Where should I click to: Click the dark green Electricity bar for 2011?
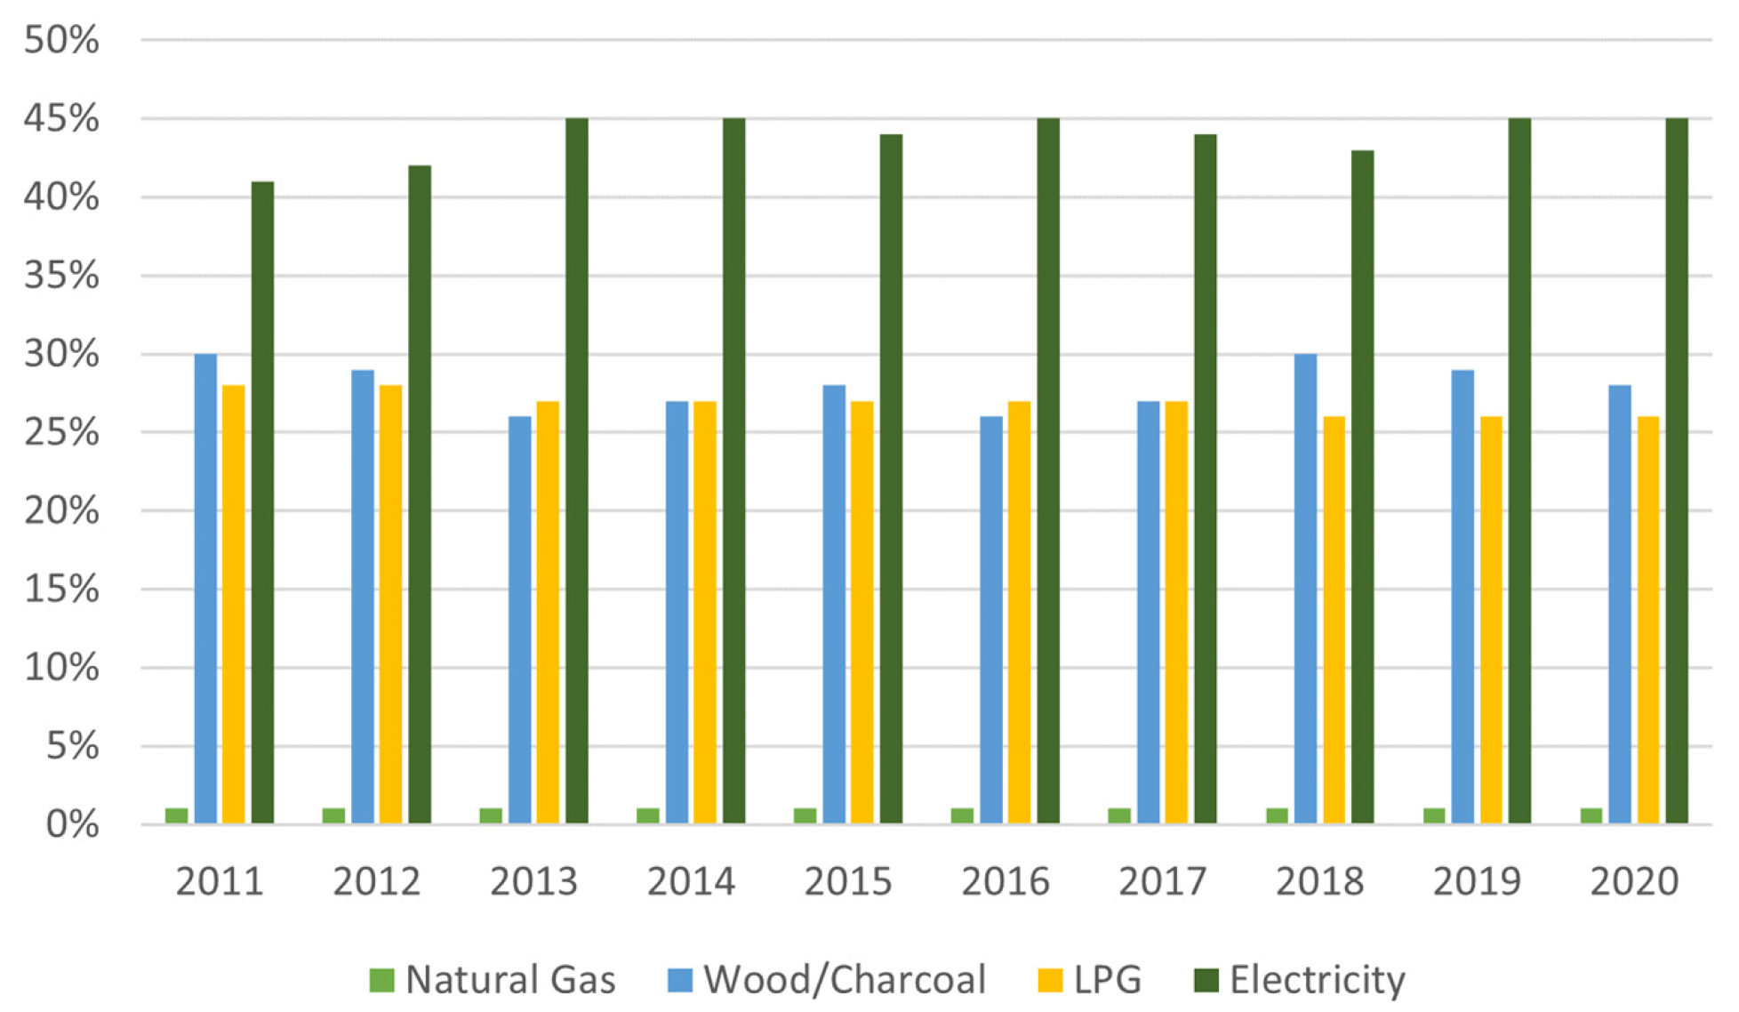[x=262, y=502]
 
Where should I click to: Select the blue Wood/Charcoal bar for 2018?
[x=1305, y=589]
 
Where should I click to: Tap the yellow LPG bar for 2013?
[x=548, y=612]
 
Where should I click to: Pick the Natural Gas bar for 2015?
[x=805, y=815]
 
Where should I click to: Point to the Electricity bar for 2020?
[x=1677, y=470]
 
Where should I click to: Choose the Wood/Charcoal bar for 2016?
[x=991, y=620]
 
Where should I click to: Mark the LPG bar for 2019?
[x=1491, y=620]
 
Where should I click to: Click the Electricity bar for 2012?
[x=420, y=494]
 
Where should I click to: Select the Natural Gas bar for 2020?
[x=1591, y=815]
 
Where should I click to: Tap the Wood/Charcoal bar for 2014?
[x=677, y=612]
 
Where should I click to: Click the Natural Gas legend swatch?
[x=381, y=980]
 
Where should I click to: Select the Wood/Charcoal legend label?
[x=845, y=979]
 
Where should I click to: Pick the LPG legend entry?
[x=1090, y=979]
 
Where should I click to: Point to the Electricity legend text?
[x=1318, y=980]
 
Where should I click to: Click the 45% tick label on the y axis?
[x=61, y=118]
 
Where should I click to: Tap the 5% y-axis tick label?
[x=72, y=746]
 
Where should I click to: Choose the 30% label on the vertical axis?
[x=61, y=354]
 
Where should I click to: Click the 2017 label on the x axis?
[x=1162, y=881]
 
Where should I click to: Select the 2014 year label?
[x=691, y=881]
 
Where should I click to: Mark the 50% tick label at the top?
[x=61, y=40]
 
